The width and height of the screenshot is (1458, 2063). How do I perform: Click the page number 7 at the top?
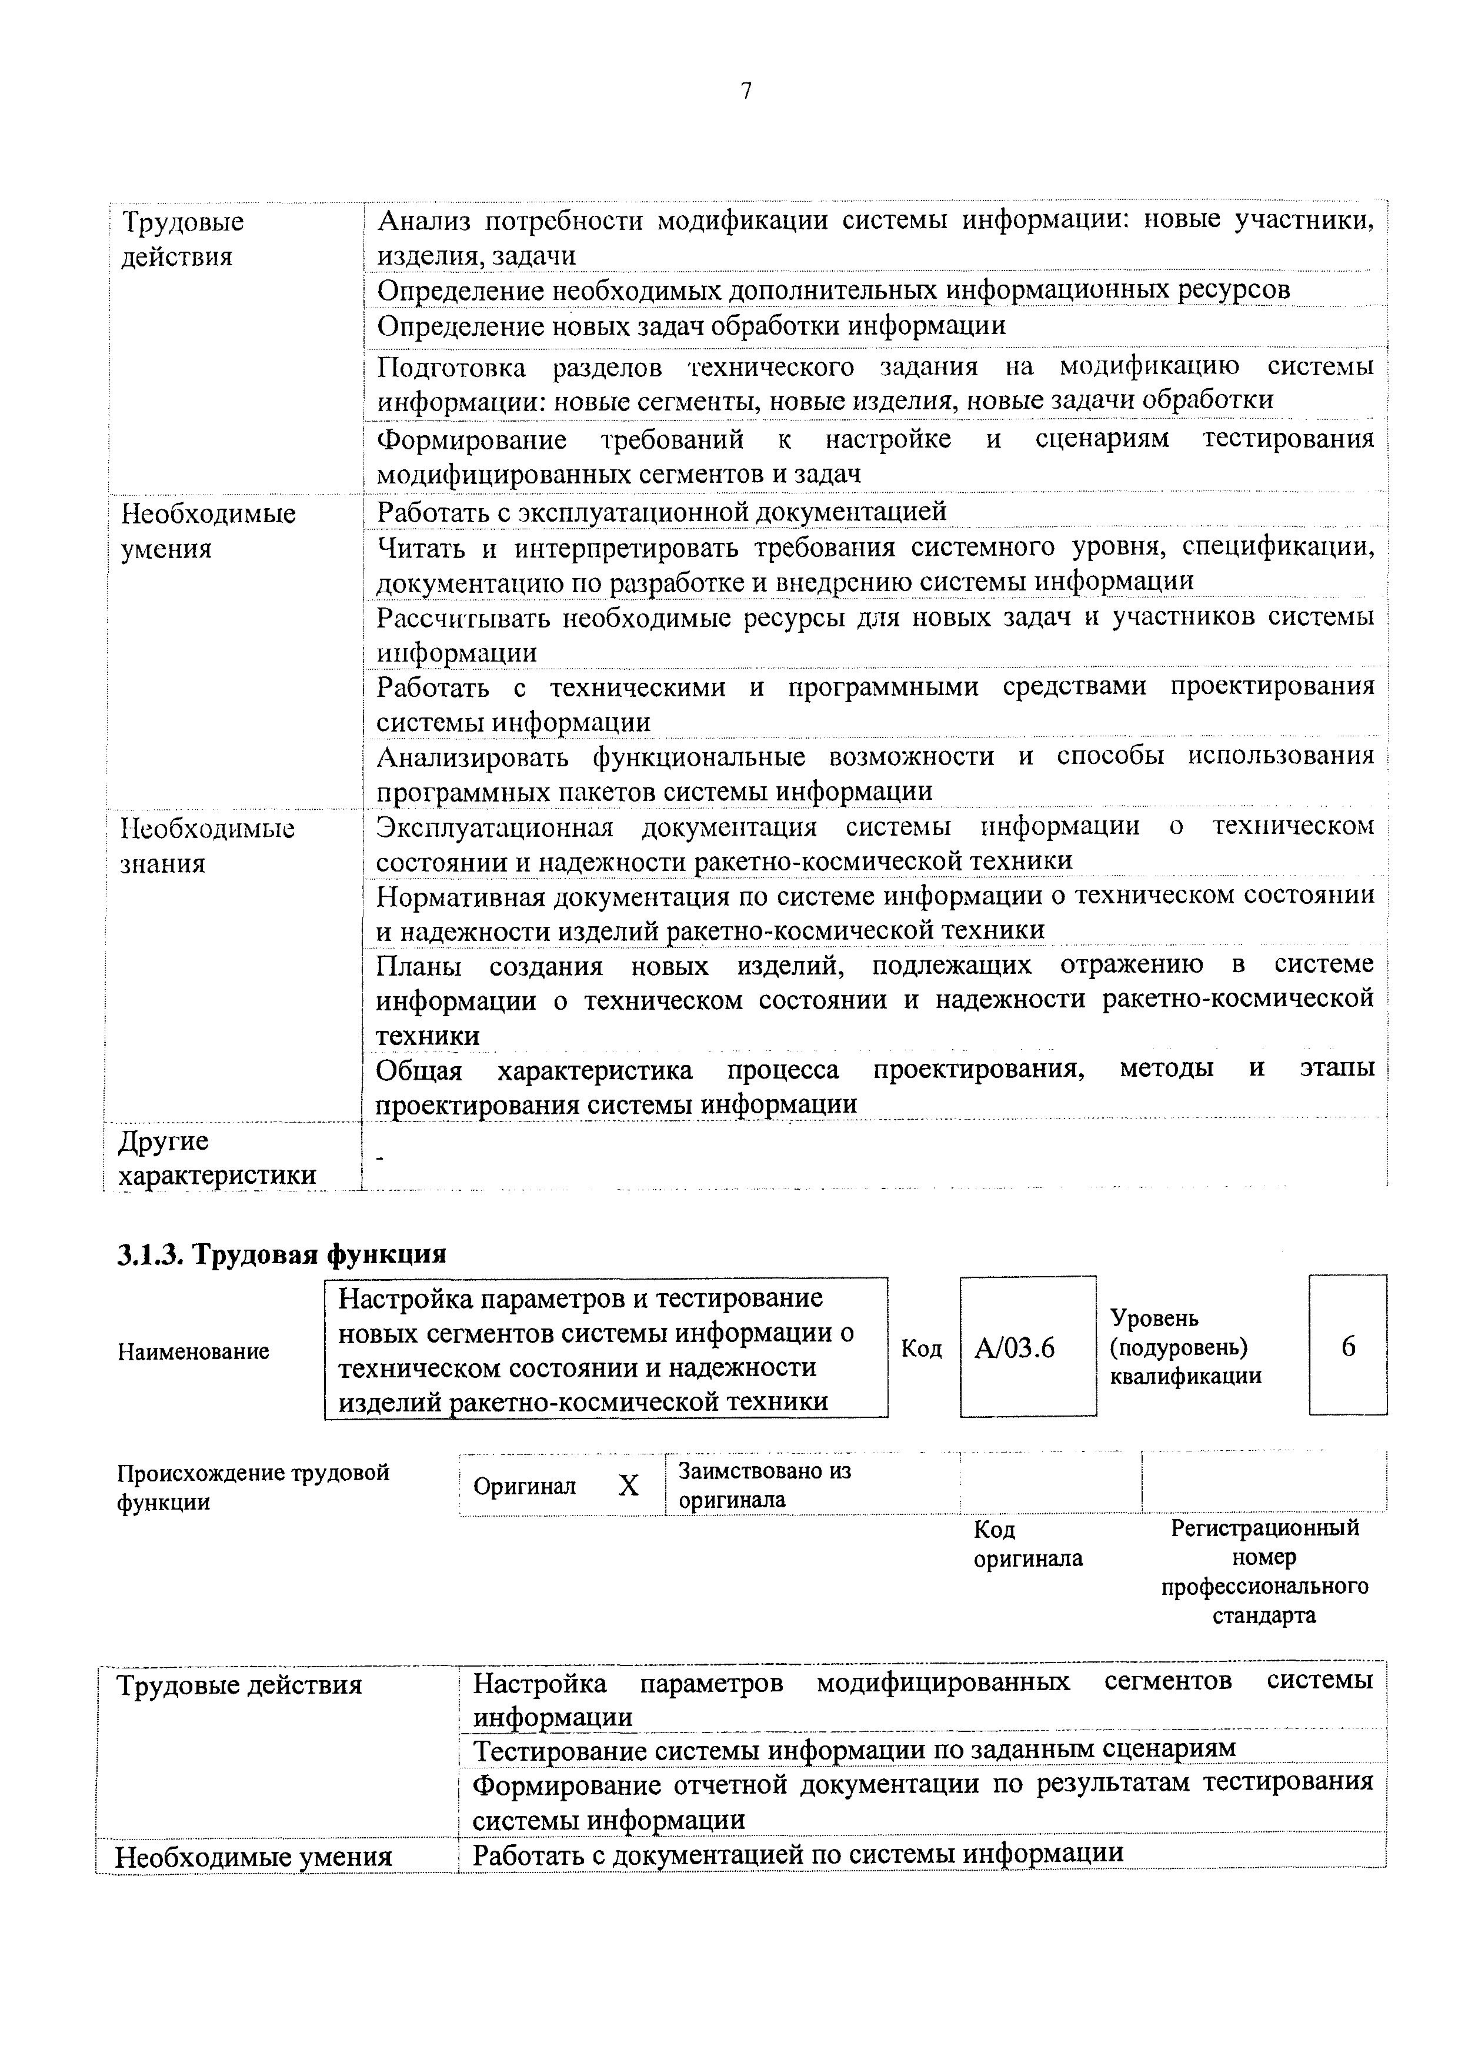click(x=746, y=91)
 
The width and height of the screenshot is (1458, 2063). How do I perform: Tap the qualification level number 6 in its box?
click(x=1347, y=1347)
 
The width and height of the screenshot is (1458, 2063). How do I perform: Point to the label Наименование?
click(x=193, y=1351)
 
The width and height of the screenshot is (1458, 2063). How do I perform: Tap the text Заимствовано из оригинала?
click(x=765, y=1486)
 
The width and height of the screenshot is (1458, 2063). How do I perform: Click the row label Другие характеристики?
click(x=218, y=1158)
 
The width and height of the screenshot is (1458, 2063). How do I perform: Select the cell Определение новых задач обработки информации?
click(x=691, y=325)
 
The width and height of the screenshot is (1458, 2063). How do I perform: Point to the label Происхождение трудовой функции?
click(x=253, y=1487)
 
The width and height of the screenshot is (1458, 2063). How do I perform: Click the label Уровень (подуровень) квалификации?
click(x=1185, y=1347)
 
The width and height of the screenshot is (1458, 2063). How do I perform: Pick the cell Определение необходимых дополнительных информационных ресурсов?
click(x=833, y=291)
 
